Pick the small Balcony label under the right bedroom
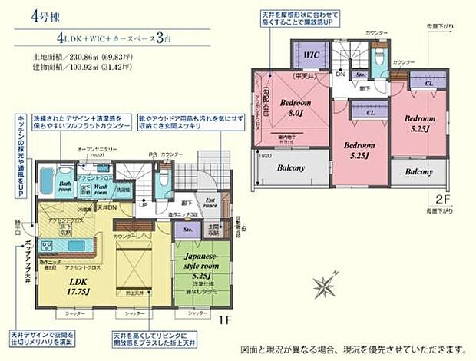[419, 171]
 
